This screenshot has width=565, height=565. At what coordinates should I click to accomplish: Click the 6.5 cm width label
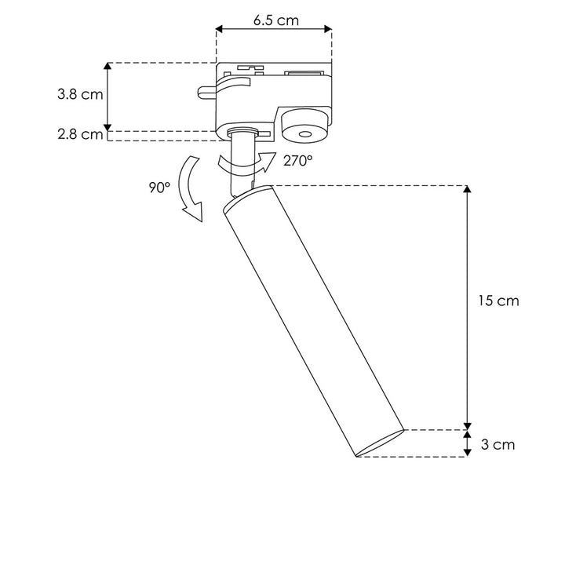(x=275, y=20)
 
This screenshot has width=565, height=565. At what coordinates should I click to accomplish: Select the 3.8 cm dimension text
(x=80, y=94)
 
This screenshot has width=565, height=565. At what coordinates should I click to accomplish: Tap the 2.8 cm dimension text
(x=80, y=134)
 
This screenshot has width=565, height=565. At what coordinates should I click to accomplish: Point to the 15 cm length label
(x=498, y=301)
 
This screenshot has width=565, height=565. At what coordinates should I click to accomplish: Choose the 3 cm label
(x=497, y=445)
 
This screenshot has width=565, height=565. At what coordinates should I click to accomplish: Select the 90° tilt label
(x=157, y=188)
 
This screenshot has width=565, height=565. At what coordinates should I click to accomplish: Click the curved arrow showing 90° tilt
(x=188, y=188)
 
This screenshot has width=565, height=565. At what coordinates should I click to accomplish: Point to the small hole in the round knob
(x=306, y=136)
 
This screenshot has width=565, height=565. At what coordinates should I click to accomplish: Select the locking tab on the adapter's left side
(x=207, y=92)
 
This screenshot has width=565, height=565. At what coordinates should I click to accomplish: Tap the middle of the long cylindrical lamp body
(x=314, y=322)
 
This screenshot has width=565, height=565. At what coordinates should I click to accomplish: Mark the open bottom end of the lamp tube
(x=380, y=445)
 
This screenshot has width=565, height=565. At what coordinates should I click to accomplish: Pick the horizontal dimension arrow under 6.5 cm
(x=274, y=31)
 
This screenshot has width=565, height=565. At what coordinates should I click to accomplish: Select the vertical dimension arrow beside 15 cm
(x=468, y=306)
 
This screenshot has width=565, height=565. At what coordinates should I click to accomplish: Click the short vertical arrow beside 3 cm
(x=468, y=444)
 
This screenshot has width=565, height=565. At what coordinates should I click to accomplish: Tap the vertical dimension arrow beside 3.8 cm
(x=108, y=96)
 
